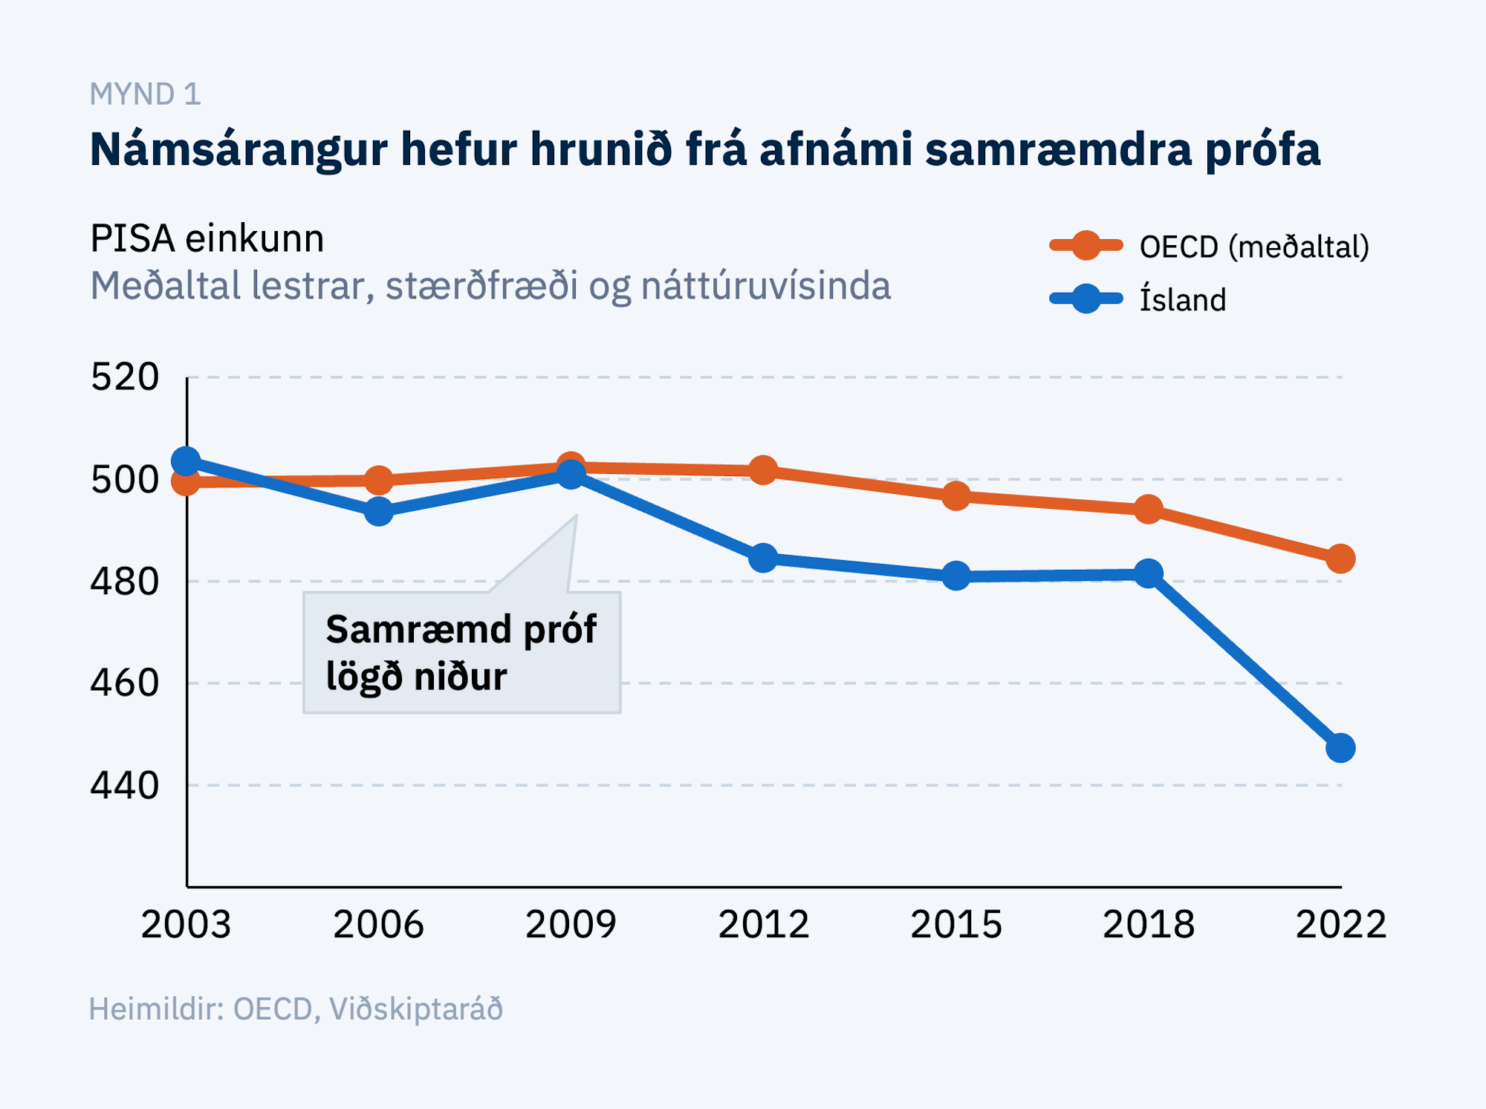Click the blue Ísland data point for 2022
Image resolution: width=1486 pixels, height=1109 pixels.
(x=1340, y=747)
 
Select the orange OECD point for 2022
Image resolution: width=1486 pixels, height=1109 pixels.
(x=1340, y=559)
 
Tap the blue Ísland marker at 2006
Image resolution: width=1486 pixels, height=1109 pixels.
(x=379, y=511)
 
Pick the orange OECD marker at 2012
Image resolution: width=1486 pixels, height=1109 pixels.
(x=763, y=470)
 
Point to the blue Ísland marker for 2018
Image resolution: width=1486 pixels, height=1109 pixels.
(x=1149, y=573)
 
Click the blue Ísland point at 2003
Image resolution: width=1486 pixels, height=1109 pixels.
(x=186, y=461)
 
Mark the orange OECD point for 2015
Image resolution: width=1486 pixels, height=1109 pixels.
(x=956, y=496)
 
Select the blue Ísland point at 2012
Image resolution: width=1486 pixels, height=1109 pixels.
(x=763, y=558)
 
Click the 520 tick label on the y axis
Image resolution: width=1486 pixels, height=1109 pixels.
(x=125, y=377)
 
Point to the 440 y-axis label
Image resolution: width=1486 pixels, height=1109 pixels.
(x=125, y=785)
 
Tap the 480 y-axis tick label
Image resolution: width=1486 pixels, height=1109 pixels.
(x=125, y=582)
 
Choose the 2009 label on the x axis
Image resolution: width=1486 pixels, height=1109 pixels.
(x=571, y=925)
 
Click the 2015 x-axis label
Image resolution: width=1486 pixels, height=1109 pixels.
(x=956, y=925)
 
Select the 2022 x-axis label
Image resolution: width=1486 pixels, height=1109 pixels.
(x=1340, y=925)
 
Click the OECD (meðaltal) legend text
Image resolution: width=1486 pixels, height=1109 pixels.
(x=1254, y=247)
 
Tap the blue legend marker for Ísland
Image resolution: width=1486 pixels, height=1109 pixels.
(x=1086, y=299)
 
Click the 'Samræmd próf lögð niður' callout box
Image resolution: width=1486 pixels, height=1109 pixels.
(x=461, y=652)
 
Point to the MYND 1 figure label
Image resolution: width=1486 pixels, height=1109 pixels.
(x=146, y=94)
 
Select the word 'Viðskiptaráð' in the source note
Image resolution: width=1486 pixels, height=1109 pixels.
(x=416, y=1009)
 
